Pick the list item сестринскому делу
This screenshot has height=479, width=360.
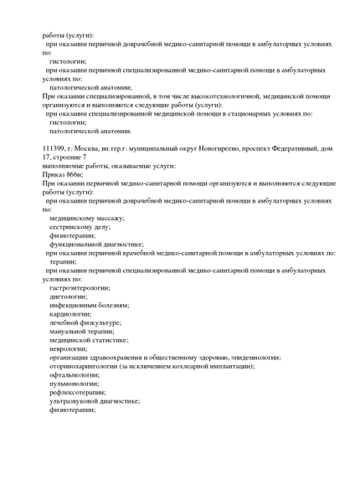point(80,227)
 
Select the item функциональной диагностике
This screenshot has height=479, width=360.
point(96,245)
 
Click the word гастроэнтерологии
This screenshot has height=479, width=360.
point(80,288)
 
